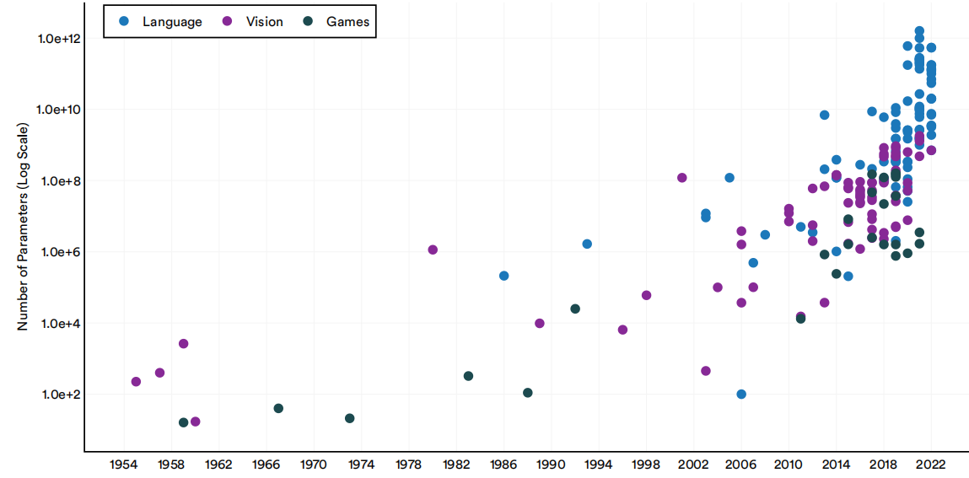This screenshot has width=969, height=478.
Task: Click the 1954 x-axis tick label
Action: pyautogui.click(x=124, y=465)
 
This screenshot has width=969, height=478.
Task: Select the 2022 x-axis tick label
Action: pyautogui.click(x=931, y=465)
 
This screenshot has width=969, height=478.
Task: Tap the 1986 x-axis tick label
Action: pyautogui.click(x=503, y=465)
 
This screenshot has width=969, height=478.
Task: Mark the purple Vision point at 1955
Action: pyautogui.click(x=136, y=382)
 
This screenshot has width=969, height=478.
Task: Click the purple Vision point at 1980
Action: pyautogui.click(x=433, y=250)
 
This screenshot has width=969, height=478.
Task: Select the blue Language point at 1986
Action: pyautogui.click(x=503, y=276)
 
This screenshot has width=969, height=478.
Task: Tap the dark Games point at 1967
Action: pyautogui.click(x=278, y=408)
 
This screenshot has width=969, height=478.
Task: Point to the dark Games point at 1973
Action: pyautogui.click(x=349, y=418)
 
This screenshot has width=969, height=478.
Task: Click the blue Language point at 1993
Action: pyautogui.click(x=587, y=244)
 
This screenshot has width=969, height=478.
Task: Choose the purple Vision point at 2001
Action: pyautogui.click(x=681, y=178)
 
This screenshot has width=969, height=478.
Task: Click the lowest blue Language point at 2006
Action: pyautogui.click(x=741, y=395)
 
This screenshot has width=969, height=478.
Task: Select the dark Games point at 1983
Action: pyautogui.click(x=468, y=376)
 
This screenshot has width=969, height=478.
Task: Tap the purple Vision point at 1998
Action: pyautogui.click(x=646, y=295)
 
